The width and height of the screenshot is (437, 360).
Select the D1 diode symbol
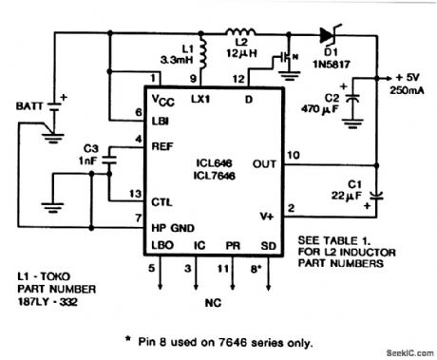click(x=328, y=35)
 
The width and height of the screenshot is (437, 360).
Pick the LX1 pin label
click(x=200, y=99)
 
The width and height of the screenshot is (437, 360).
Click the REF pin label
click(x=161, y=146)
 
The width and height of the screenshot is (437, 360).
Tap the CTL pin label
click(x=161, y=200)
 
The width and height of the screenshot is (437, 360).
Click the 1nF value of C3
click(x=89, y=161)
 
